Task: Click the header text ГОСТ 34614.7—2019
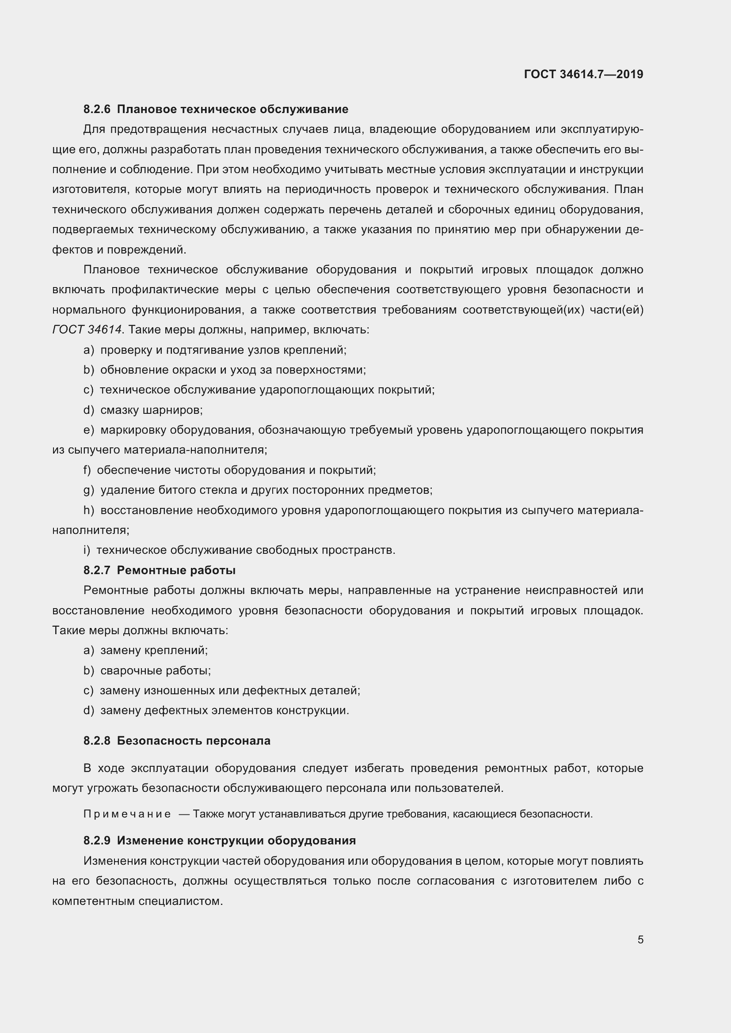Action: (x=583, y=74)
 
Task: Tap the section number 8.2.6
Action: (x=97, y=110)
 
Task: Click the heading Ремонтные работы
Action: (x=176, y=571)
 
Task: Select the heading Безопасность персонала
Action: (x=194, y=741)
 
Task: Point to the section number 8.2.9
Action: (x=97, y=841)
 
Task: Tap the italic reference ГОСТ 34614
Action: (x=87, y=330)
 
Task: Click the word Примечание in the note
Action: (x=127, y=814)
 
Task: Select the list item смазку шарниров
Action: (x=151, y=410)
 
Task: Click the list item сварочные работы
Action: (x=155, y=671)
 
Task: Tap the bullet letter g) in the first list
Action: (x=88, y=490)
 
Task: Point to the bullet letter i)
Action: (x=87, y=550)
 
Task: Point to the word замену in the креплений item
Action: (x=120, y=651)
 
